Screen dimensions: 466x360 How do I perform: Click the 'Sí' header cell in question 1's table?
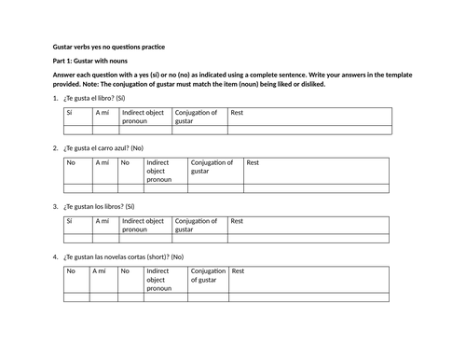(69, 113)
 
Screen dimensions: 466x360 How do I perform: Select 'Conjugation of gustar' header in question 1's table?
(196, 117)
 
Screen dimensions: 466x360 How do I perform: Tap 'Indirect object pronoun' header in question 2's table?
(159, 171)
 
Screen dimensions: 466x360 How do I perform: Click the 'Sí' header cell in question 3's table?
(69, 222)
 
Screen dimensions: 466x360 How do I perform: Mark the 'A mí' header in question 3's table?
(102, 222)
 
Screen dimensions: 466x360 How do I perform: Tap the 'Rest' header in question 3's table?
(237, 222)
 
